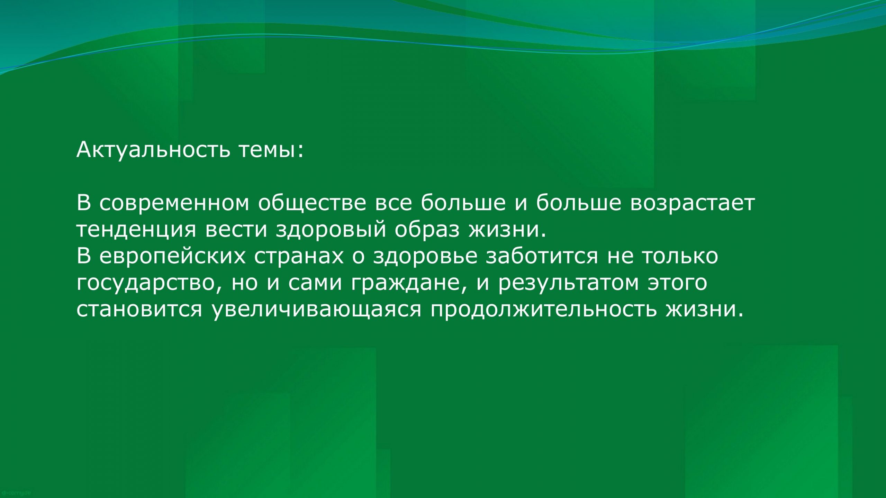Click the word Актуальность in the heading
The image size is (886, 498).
tap(153, 150)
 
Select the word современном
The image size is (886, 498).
tap(174, 203)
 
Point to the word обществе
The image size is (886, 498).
tap(312, 203)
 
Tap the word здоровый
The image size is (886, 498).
tap(331, 230)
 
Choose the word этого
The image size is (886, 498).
tap(677, 283)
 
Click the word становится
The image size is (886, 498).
tap(139, 309)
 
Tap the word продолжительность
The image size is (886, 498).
tap(543, 309)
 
